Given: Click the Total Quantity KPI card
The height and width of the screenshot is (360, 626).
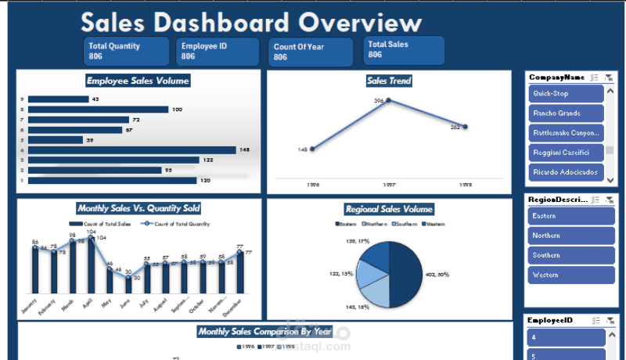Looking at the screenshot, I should [126, 51].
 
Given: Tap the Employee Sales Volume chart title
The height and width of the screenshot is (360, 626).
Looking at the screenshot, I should [138, 81].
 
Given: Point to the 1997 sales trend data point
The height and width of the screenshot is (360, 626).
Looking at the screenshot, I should [388, 101].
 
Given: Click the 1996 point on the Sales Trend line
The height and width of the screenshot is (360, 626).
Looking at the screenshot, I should [312, 149].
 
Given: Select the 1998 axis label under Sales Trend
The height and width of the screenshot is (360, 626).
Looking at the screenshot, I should [465, 185].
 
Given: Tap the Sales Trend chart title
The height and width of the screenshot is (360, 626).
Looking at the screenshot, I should [389, 81].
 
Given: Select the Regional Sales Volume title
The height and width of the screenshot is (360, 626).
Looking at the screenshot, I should [389, 209].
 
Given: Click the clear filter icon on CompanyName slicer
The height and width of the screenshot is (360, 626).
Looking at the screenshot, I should [610, 77].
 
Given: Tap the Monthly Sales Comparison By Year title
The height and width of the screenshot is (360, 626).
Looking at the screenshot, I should [265, 332].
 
